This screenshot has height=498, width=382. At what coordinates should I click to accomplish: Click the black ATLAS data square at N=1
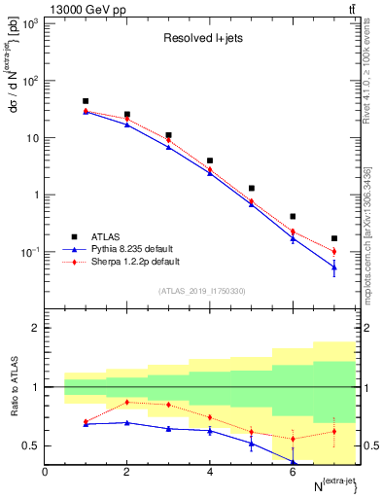tap(86, 101)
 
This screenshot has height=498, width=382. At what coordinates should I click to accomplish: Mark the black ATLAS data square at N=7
tap(334, 238)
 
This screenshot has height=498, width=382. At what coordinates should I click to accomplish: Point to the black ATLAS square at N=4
tap(210, 160)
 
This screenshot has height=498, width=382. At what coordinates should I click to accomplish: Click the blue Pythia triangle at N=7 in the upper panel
tap(334, 267)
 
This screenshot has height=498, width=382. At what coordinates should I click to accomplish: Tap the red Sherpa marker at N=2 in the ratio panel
tap(126, 402)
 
